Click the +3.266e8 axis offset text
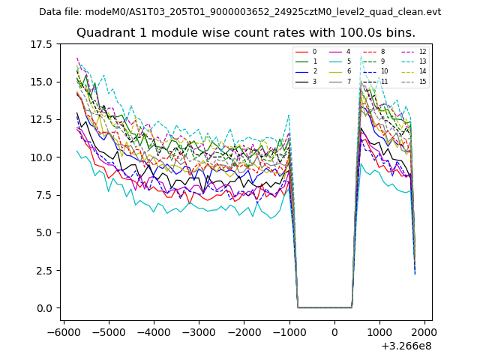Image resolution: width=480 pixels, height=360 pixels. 406,346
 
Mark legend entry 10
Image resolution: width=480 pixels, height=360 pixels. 385,71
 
